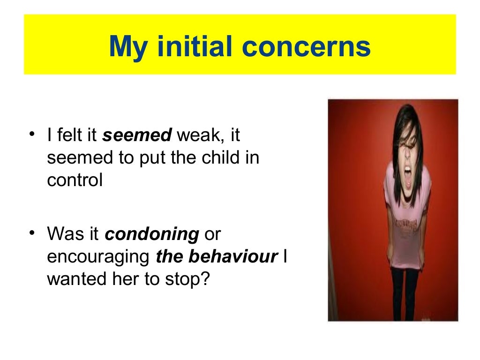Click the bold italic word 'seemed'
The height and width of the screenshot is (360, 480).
(x=137, y=136)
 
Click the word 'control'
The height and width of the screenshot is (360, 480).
(x=75, y=180)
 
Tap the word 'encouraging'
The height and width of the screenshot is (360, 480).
(x=98, y=257)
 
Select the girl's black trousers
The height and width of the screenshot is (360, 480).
(x=405, y=291)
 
